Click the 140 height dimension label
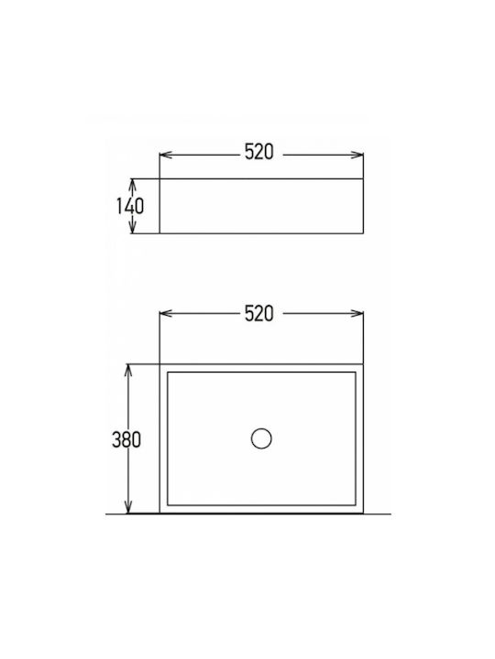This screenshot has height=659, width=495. point(130,206)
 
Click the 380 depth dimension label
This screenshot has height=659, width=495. point(126,439)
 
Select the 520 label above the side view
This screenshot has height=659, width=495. point(258,152)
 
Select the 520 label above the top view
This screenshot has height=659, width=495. point(258,314)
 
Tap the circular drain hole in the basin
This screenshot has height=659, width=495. point(261,438)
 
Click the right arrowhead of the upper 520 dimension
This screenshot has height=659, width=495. point(357,155)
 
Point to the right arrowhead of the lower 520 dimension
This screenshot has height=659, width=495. point(357,314)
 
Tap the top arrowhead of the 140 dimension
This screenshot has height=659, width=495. point(133,185)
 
